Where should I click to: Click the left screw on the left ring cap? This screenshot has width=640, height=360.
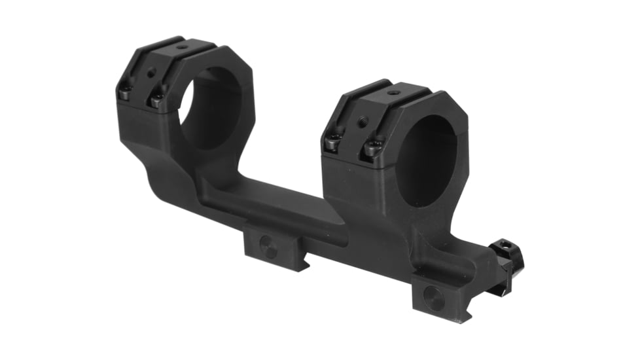[125, 94]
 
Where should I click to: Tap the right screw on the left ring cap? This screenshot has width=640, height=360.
[156, 99]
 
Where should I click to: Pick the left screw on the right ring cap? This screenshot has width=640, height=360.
[333, 141]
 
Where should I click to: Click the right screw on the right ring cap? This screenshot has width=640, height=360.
[371, 148]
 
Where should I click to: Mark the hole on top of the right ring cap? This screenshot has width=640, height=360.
[391, 93]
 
